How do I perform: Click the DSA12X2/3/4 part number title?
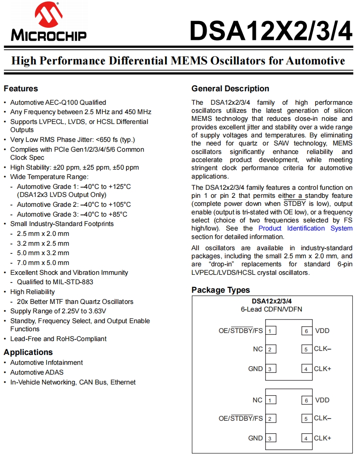tap(271, 30)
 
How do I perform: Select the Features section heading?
tap(21, 89)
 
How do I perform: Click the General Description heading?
tap(230, 89)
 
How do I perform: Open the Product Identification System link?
tap(305, 228)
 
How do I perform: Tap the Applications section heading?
tap(28, 352)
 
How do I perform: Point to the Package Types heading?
tap(220, 290)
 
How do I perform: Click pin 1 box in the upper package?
tap(270, 331)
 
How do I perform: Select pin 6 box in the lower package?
tap(306, 400)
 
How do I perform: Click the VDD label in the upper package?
tap(322, 331)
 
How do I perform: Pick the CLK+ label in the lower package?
tap(322, 438)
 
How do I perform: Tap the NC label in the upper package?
tap(258, 349)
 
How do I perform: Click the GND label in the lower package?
tap(255, 438)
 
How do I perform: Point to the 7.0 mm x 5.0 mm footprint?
tap(43, 263)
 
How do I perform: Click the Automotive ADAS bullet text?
tap(37, 372)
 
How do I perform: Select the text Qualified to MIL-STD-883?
tap(55, 282)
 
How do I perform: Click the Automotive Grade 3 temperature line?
tap(72, 214)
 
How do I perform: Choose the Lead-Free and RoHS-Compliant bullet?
tap(58, 339)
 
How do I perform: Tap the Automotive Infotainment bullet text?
tap(47, 363)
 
